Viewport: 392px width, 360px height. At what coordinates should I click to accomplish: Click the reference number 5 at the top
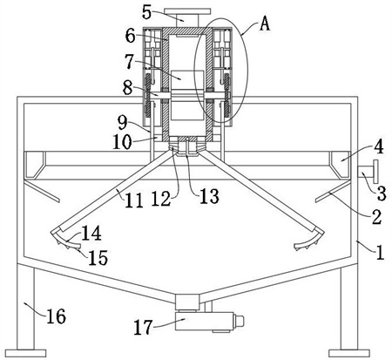147,12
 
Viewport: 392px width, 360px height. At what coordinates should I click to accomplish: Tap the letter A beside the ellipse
265,24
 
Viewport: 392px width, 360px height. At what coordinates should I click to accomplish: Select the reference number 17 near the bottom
143,327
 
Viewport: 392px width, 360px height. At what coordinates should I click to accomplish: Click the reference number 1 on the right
380,253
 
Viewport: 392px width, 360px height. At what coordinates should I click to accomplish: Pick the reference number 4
378,146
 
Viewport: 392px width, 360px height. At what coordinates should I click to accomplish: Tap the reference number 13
209,196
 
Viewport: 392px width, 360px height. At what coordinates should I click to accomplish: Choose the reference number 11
134,200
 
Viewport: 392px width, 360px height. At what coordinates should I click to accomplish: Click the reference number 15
98,257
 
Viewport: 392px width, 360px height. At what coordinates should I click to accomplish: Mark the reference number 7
130,62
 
